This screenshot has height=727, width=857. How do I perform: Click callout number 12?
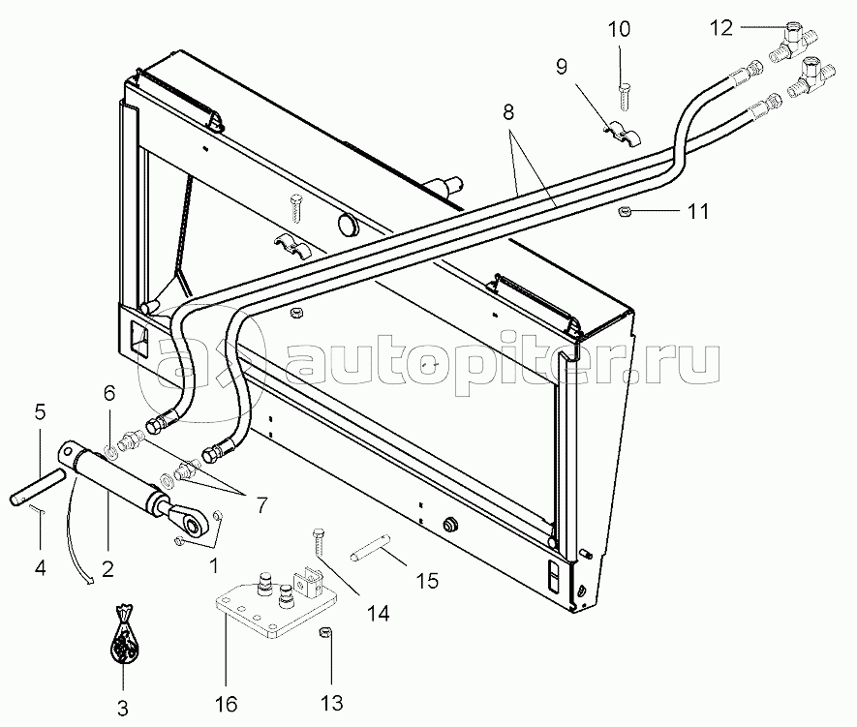click(720, 28)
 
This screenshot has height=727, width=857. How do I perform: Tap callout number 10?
click(619, 29)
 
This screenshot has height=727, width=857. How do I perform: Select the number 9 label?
click(562, 67)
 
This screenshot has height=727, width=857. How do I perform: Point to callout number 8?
click(508, 112)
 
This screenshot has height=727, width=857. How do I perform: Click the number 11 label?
click(697, 211)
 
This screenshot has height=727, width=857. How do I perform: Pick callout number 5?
click(40, 411)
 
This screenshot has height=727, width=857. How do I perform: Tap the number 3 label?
click(123, 708)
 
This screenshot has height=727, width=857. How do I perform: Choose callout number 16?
click(227, 704)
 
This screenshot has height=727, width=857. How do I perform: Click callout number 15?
click(427, 581)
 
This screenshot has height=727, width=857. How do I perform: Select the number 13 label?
click(332, 703)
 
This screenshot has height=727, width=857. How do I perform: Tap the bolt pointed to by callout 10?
click(625, 97)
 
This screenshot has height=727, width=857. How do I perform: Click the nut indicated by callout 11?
click(623, 211)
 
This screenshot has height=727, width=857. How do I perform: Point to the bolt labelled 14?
click(318, 541)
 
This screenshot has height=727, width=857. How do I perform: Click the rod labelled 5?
click(38, 486)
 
